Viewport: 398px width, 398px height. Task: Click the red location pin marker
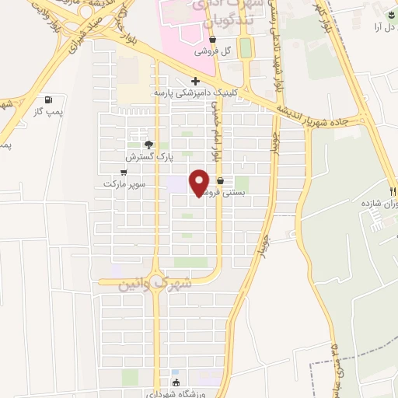point(200,182)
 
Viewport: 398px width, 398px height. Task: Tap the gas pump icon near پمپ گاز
point(51,99)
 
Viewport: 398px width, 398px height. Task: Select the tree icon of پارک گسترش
point(149,144)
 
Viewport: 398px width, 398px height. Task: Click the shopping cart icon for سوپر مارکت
point(123,172)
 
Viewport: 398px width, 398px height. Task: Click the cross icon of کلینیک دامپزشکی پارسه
point(194,81)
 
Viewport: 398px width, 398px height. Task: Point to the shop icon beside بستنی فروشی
point(221,180)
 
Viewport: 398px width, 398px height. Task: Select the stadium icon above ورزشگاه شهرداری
point(176,382)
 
